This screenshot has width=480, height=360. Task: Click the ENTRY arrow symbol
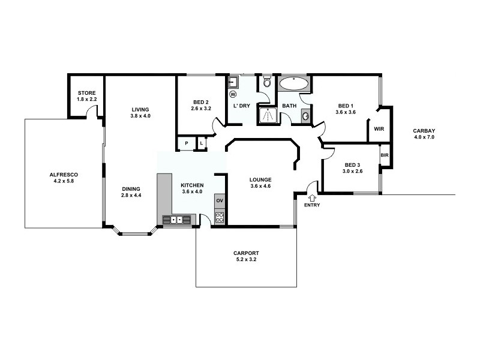coord(312,198)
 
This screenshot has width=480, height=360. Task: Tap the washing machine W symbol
coord(233,94)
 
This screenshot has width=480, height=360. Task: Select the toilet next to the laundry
coord(267,82)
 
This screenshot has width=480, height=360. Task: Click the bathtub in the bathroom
coord(294,83)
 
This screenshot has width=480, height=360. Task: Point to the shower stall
coord(268,115)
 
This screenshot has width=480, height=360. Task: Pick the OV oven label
coord(220,200)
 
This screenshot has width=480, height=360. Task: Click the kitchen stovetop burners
coord(220,217)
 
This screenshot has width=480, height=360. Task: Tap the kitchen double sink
coord(176,220)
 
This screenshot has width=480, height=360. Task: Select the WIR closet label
coord(379,129)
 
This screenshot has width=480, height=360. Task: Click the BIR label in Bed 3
coord(385,155)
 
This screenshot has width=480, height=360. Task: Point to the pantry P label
coord(187,143)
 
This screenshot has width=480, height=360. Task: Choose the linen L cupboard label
coord(202,143)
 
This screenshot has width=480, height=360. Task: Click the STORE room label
coord(86,93)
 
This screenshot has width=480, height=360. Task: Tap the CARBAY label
coord(424,131)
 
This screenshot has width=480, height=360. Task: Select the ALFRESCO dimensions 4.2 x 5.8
coord(64,181)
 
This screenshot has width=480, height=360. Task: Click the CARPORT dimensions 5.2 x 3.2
coord(246,259)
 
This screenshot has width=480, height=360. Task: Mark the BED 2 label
coord(201,102)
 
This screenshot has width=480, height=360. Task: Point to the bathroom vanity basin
coord(305,116)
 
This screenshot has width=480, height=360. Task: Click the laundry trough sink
coord(234,82)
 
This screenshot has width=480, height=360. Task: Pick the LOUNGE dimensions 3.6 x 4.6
coord(260,186)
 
